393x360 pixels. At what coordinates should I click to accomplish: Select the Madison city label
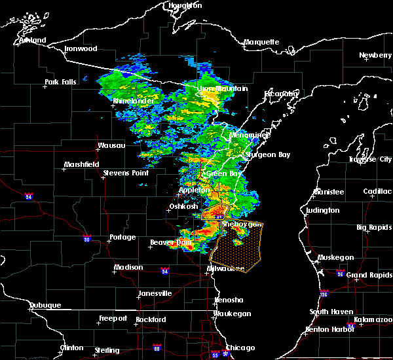click(128, 267)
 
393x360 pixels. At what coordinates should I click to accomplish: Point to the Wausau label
click(111, 145)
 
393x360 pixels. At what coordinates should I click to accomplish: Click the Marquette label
click(261, 42)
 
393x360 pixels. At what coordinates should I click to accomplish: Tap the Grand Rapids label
click(365, 275)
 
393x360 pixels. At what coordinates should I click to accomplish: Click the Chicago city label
click(240, 348)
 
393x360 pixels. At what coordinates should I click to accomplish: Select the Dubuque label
click(45, 305)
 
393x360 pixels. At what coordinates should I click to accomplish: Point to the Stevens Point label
click(126, 173)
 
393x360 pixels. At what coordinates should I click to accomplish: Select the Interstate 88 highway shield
click(157, 348)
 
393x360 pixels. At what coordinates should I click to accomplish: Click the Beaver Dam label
click(169, 243)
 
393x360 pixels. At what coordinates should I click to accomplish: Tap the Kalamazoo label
click(373, 319)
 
